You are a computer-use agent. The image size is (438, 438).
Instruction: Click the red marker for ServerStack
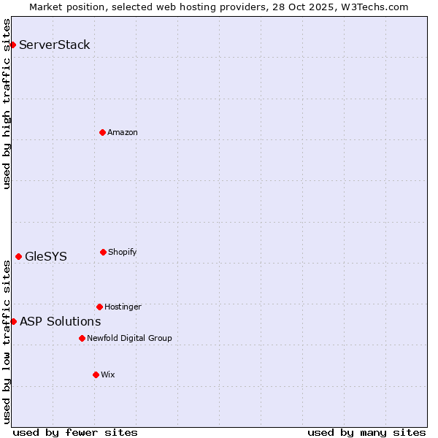(12, 45)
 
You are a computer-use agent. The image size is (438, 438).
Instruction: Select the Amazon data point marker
(102, 132)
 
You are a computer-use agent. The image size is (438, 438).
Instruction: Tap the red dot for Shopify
(103, 252)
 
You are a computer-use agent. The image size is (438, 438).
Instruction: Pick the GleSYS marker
(18, 256)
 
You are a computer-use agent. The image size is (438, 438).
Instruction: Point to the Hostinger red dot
(99, 307)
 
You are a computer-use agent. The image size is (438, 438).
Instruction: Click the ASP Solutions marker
(13, 321)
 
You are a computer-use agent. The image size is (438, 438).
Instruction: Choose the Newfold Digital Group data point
(82, 338)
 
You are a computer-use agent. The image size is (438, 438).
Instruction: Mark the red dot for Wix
(96, 374)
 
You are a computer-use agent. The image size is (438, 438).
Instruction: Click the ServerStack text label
(55, 45)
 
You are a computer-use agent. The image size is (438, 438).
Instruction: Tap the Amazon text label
(123, 132)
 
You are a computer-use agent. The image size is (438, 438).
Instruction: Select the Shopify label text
(123, 252)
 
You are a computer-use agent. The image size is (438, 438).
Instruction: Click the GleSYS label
(46, 256)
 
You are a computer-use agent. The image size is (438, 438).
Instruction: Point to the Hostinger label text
(123, 307)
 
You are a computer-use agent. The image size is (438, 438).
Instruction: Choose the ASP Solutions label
(61, 321)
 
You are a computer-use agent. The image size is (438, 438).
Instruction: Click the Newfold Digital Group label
(129, 338)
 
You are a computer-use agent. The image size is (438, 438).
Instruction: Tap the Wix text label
(108, 374)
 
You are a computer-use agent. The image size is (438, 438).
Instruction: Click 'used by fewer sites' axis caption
(75, 432)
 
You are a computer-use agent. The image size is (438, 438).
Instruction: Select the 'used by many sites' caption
(366, 432)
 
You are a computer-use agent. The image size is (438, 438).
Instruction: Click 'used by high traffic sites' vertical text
(7, 104)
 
